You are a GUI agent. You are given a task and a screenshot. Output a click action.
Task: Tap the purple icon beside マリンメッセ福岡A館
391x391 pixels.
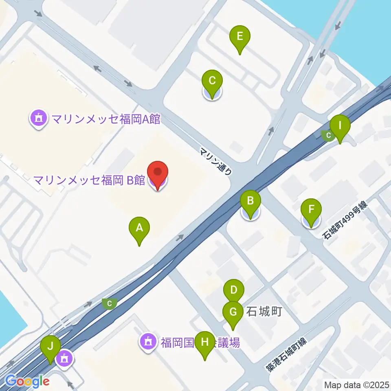tap(39, 119)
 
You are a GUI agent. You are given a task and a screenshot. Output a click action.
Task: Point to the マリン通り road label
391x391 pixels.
tap(216, 161)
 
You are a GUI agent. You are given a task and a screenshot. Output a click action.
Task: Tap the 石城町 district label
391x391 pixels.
tap(264, 312)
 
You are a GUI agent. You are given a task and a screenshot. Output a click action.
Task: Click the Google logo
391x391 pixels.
tap(28, 381)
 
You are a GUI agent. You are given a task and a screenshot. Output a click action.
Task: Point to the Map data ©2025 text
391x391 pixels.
tap(356, 384)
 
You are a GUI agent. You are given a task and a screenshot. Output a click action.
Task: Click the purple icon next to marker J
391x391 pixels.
tap(64, 359)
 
